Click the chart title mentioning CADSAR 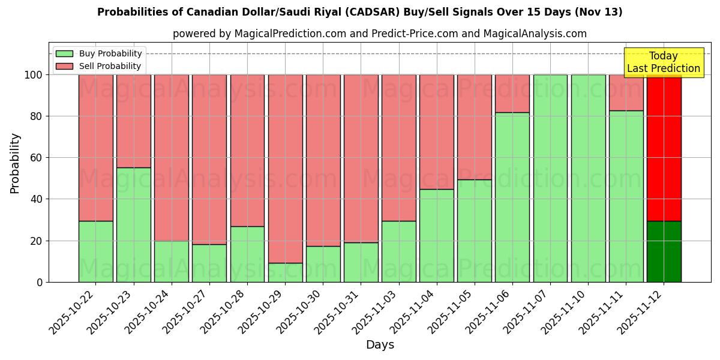pyautogui.click(x=359, y=12)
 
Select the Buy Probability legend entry pyautogui.click(x=110, y=53)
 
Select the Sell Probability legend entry pyautogui.click(x=109, y=66)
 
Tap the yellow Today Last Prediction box pyautogui.click(x=663, y=62)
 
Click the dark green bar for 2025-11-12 pyautogui.click(x=664, y=252)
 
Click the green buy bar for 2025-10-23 pyautogui.click(x=133, y=225)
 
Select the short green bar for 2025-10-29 pyautogui.click(x=285, y=272)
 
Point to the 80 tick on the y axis pyautogui.click(x=37, y=116)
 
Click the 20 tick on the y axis pyautogui.click(x=37, y=241)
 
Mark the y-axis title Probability pyautogui.click(x=15, y=163)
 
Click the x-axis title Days pyautogui.click(x=380, y=345)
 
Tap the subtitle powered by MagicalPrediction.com pyautogui.click(x=379, y=34)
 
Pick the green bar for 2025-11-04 pyautogui.click(x=436, y=236)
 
